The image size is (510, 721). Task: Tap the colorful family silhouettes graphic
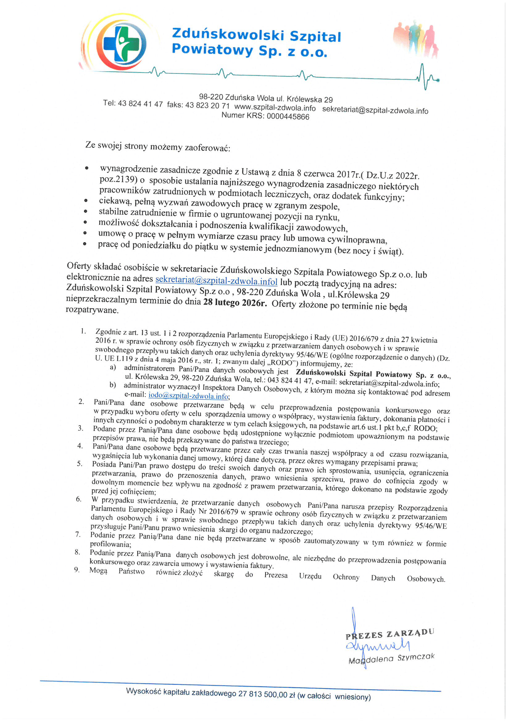click(415, 39)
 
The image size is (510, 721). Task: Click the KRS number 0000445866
click(288, 117)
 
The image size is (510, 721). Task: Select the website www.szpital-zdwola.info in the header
click(275, 107)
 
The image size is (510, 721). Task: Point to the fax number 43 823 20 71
click(207, 105)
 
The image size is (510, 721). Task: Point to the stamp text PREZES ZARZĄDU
click(390, 634)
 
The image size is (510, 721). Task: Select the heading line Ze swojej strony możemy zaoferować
click(158, 146)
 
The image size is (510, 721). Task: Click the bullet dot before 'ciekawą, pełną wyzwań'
click(86, 200)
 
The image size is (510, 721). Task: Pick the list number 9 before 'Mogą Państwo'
click(77, 570)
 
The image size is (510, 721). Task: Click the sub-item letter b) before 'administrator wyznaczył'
click(113, 385)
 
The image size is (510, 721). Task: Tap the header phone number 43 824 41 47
click(140, 104)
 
